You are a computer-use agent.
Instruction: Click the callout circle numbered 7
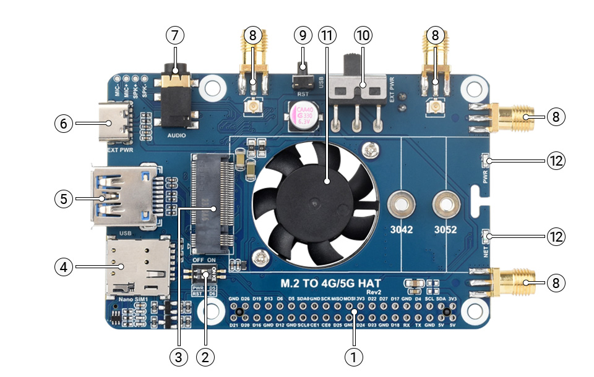coord(175,35)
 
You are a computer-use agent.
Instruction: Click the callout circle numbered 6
coord(62,124)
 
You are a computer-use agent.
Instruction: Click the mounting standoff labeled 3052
coord(445,203)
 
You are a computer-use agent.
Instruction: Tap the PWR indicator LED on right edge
coord(488,161)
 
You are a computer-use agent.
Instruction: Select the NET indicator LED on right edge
coord(488,235)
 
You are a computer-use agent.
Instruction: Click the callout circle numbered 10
coord(363,35)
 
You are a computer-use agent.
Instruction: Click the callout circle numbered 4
coord(62,267)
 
